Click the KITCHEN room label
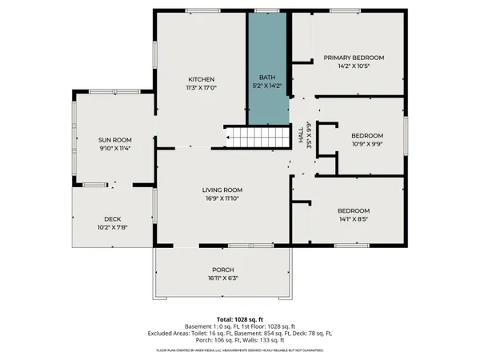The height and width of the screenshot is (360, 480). coord(200,79)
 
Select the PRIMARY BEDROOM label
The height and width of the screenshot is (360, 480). coord(354,58)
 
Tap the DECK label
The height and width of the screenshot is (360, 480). coord(113,218)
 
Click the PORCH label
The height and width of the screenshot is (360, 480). coord(222,269)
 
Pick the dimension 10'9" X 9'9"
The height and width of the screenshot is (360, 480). coord(367,144)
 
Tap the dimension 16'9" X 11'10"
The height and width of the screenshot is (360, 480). coord(222,198)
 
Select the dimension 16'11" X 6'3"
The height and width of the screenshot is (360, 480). coord(222,278)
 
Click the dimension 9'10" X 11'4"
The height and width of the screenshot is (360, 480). coord(114,148)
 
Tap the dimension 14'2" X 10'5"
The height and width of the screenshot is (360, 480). coord(354,66)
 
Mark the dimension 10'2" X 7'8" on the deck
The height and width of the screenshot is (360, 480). coord(113,227)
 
